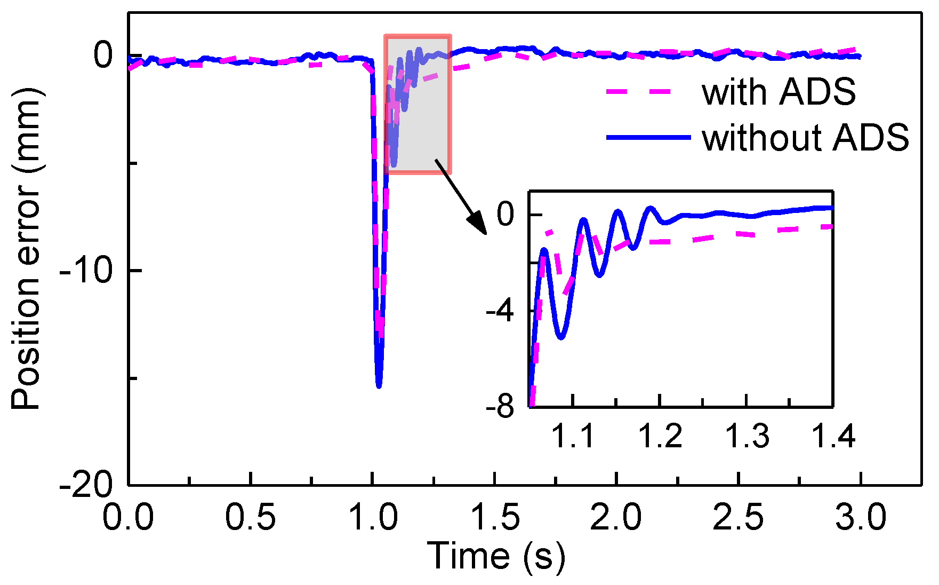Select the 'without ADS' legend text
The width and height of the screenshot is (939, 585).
click(x=805, y=138)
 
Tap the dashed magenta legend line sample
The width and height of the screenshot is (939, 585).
click(x=639, y=92)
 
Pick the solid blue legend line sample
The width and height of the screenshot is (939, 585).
click(x=648, y=138)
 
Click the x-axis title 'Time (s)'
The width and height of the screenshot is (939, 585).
click(x=496, y=556)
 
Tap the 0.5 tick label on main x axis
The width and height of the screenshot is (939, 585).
click(x=250, y=517)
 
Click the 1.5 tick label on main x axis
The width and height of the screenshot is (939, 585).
click(x=495, y=517)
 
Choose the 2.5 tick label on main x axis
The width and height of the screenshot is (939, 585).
click(x=739, y=517)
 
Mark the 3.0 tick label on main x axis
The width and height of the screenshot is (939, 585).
click(x=861, y=517)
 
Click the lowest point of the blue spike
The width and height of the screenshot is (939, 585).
click(x=379, y=386)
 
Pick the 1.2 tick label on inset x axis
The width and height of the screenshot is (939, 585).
click(x=660, y=436)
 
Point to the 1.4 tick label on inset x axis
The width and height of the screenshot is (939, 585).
click(x=833, y=436)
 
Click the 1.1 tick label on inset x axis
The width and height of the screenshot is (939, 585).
click(x=572, y=436)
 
